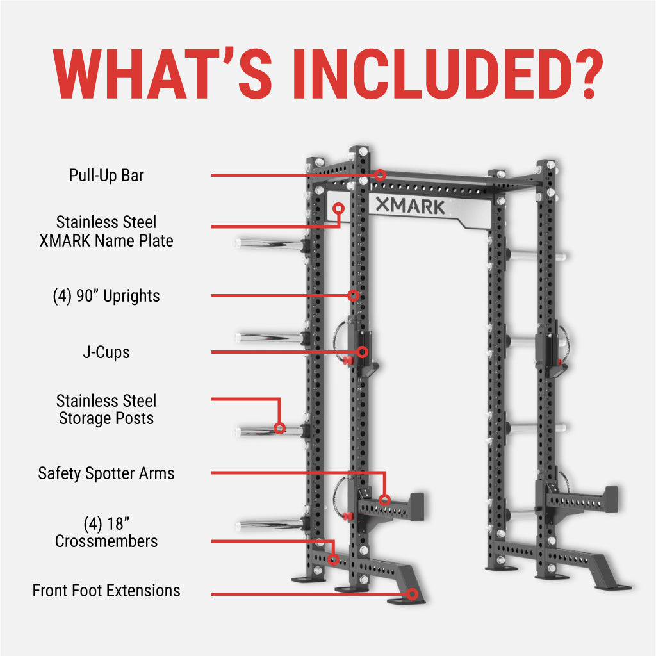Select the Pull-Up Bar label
point(106,175)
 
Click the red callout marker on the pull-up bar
point(381,174)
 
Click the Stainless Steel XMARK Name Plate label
point(106,231)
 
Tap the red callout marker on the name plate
point(338,208)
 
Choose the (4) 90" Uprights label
point(106,296)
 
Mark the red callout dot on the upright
point(353,295)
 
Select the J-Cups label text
point(106,352)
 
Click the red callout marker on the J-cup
point(363,352)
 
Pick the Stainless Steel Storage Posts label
point(106,409)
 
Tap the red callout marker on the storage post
point(279,428)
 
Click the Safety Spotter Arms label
point(106,473)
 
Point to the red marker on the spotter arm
point(384,500)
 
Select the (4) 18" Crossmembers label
point(106,532)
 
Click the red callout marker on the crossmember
point(333,559)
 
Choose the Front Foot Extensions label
point(106,590)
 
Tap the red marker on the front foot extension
point(413,594)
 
